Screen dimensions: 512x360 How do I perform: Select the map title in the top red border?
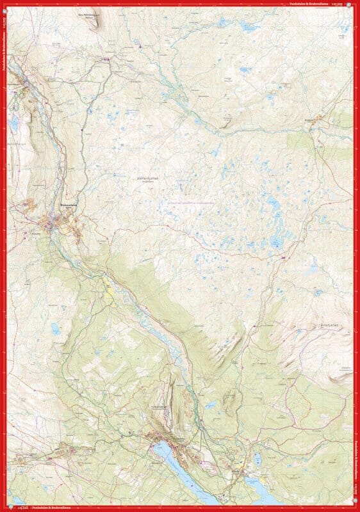(x=306, y=3)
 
